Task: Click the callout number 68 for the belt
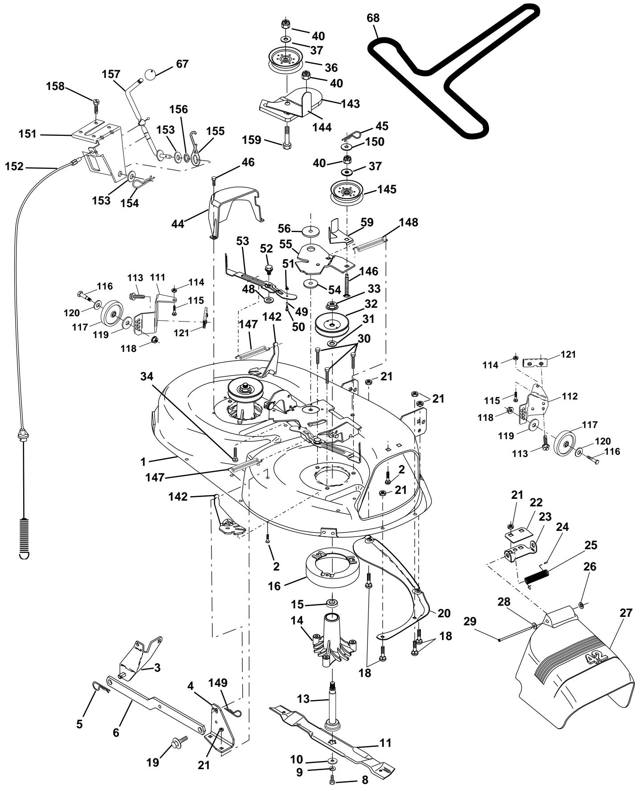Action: tap(373, 19)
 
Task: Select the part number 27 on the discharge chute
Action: tap(626, 613)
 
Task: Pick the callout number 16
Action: tap(275, 586)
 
